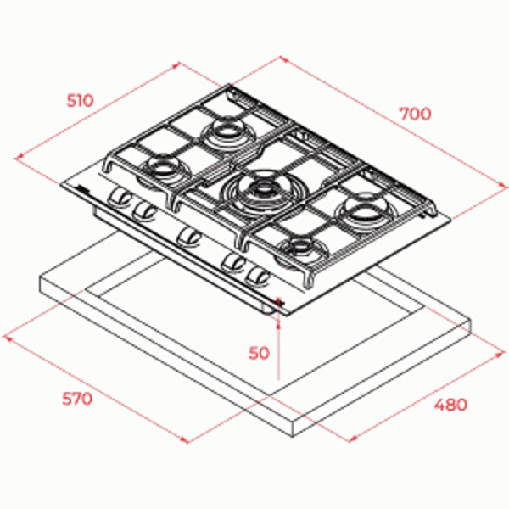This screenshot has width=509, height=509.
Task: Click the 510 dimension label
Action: pyautogui.click(x=81, y=100)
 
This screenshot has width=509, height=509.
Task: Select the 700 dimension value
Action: pyautogui.click(x=415, y=114)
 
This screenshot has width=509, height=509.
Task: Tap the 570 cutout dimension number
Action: pyautogui.click(x=77, y=399)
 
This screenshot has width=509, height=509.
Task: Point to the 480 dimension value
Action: pyautogui.click(x=451, y=405)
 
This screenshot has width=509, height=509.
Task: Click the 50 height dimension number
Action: pyautogui.click(x=259, y=353)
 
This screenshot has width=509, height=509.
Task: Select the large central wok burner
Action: pyautogui.click(x=259, y=193)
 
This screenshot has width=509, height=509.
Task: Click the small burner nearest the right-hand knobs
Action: pyautogui.click(x=303, y=249)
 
